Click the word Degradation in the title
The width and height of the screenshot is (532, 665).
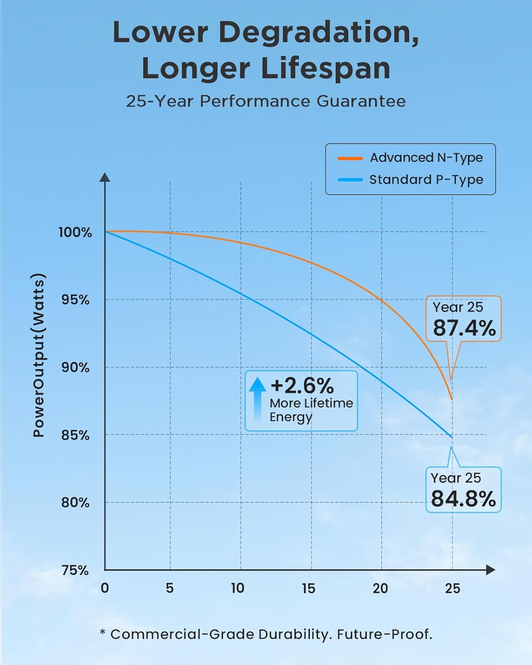point(318,33)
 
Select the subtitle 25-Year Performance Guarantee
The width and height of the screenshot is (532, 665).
point(266,101)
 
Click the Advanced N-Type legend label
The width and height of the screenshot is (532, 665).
point(426,158)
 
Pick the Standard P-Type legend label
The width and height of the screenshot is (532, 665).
point(426,180)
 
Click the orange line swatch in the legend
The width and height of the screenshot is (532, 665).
point(350,158)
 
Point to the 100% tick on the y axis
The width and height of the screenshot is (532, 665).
point(75,232)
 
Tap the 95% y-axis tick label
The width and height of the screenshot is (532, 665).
point(75,300)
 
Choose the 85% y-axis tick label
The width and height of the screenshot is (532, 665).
point(75,435)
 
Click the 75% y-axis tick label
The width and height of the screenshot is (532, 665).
point(75,570)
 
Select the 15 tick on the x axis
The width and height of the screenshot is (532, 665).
point(309,588)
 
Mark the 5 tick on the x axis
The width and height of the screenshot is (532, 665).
point(169,588)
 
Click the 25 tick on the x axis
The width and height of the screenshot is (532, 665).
point(453,588)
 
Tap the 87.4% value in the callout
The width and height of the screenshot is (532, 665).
point(464,329)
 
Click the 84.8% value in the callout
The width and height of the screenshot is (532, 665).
point(463,499)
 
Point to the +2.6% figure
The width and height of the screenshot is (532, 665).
point(302,386)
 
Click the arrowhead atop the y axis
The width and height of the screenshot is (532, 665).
point(105,177)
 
